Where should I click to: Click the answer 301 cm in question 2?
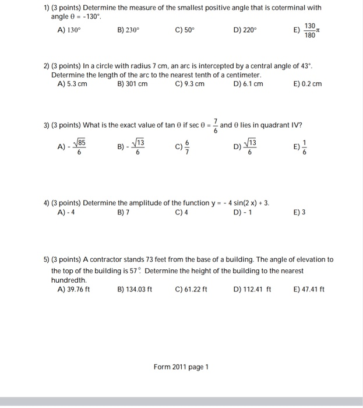(x=132, y=84)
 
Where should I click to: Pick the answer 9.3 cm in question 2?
(x=189, y=84)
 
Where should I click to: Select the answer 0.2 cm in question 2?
(x=308, y=84)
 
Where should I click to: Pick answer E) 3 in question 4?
(x=299, y=212)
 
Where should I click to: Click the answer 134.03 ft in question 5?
(x=135, y=289)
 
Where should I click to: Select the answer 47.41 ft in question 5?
(x=309, y=289)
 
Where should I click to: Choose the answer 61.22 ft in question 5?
(x=191, y=289)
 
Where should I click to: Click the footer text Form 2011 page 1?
(x=181, y=367)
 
